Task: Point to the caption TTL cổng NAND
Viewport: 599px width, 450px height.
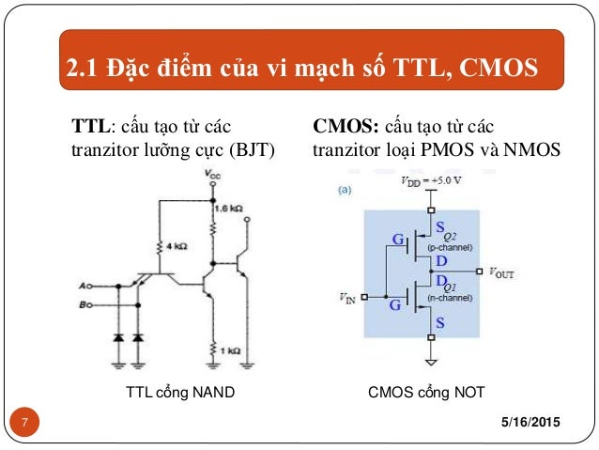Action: [x=179, y=394]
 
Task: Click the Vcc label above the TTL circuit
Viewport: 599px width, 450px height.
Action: [x=215, y=176]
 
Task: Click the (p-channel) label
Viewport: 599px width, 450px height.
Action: [x=450, y=247]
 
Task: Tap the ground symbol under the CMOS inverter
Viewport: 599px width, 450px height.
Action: [x=431, y=361]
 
